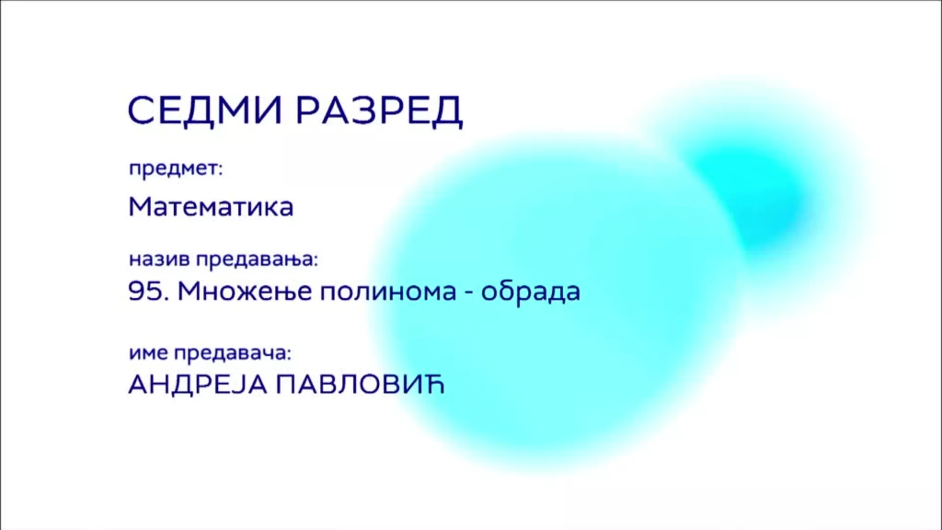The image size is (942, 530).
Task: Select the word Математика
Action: pyautogui.click(x=211, y=207)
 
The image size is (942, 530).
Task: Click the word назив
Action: pyautogui.click(x=159, y=259)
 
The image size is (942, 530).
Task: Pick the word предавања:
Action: pyautogui.click(x=258, y=259)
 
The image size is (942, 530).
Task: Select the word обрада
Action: pyautogui.click(x=530, y=291)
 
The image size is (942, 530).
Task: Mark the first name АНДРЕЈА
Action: pyautogui.click(x=197, y=385)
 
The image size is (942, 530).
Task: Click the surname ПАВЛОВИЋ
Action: pyautogui.click(x=360, y=385)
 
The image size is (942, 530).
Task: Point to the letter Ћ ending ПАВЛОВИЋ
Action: pyautogui.click(x=433, y=385)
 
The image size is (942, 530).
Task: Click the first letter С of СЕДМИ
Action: pyautogui.click(x=143, y=110)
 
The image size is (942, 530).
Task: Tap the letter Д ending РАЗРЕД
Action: pyautogui.click(x=447, y=112)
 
